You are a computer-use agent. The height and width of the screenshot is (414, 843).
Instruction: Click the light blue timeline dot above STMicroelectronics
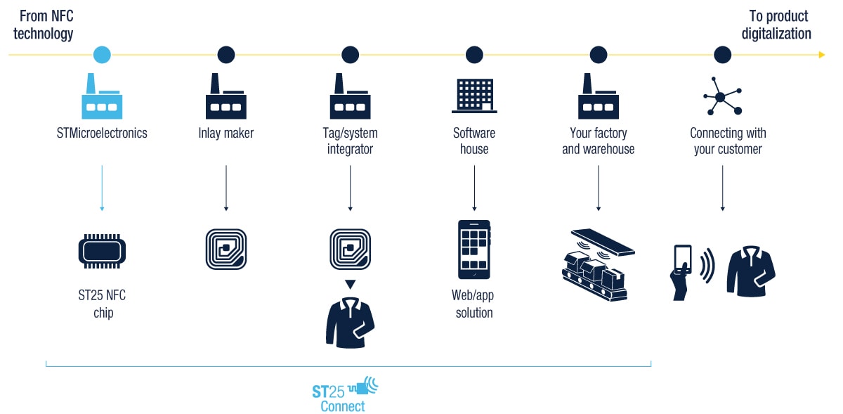[x=102, y=54]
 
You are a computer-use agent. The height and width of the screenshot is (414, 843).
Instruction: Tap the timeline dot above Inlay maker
[x=226, y=54]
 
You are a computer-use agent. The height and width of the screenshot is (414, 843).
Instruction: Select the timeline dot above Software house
[x=474, y=54]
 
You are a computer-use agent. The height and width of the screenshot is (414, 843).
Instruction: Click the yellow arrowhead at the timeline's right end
[x=821, y=54]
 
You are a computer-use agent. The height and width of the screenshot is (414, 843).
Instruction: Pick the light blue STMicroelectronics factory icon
[x=102, y=96]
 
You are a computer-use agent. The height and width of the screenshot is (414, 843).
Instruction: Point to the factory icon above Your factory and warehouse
[x=599, y=96]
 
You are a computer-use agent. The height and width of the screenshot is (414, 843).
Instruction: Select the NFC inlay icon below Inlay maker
[x=226, y=249]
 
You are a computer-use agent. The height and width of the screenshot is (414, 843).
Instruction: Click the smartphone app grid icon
[x=474, y=250]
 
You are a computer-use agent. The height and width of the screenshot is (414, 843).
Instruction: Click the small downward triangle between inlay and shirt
[x=350, y=284]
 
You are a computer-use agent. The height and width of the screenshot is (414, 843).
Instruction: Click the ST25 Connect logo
[x=344, y=396]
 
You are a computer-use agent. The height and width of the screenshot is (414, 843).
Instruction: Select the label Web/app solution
[x=474, y=304]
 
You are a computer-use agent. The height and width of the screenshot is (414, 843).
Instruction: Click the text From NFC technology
[x=44, y=25]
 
